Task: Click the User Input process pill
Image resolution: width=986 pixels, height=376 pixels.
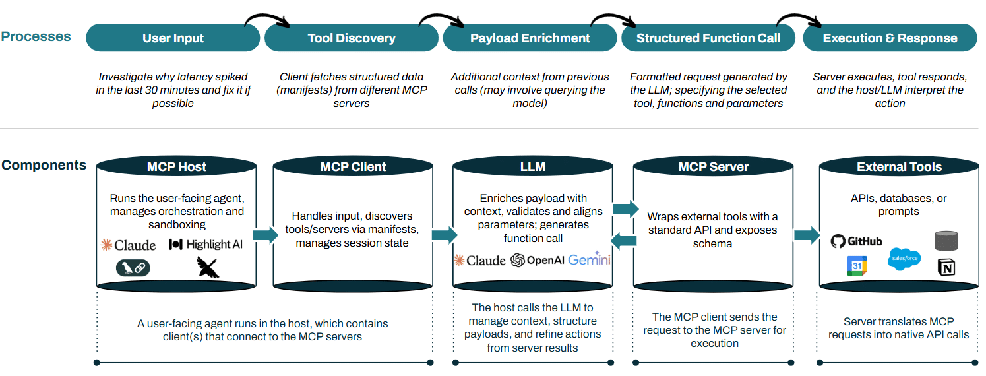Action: [x=173, y=38]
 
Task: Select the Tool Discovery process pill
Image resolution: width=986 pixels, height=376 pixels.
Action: [x=352, y=38]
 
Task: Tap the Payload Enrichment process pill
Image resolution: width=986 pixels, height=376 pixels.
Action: [x=530, y=38]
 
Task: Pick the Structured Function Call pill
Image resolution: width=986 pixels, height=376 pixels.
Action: [x=708, y=38]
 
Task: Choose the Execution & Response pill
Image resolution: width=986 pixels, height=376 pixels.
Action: [x=890, y=38]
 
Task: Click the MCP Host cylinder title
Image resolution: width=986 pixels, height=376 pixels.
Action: [x=176, y=167]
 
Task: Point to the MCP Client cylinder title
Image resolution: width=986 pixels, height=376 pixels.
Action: [x=353, y=167]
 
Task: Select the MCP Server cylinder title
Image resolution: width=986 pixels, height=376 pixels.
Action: [x=713, y=167]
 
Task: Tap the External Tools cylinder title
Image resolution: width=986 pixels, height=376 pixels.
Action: [x=899, y=167]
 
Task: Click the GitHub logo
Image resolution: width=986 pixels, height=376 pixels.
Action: [x=856, y=241]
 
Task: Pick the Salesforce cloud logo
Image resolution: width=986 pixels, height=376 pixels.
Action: [x=904, y=258]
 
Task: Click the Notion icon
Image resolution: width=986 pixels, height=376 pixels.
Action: [x=946, y=267]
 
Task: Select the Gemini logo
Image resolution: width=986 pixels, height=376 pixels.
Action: [x=589, y=259]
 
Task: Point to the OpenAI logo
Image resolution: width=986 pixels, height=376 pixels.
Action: [x=537, y=260]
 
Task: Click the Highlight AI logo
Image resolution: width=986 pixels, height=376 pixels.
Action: [x=206, y=245]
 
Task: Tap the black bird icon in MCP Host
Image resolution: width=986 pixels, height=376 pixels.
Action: [x=207, y=267]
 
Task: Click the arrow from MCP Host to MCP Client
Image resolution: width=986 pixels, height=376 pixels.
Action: [x=265, y=235]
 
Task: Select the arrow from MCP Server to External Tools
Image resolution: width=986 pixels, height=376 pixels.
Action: [x=806, y=235]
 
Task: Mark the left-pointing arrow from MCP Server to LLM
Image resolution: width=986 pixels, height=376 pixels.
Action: [x=625, y=241]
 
